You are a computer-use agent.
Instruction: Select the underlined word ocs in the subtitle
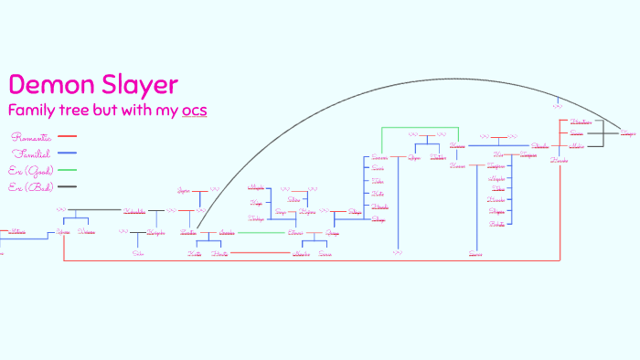point(194,111)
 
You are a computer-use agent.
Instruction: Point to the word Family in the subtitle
point(32,111)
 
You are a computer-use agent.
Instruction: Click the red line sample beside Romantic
point(68,136)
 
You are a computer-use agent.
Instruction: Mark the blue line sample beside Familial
point(68,153)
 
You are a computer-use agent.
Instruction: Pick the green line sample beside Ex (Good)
point(68,170)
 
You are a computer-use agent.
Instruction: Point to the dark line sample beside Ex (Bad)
point(68,186)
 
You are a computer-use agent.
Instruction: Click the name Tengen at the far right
point(627,133)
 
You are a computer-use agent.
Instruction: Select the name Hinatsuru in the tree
point(581,122)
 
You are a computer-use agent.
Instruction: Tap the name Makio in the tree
point(577,145)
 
